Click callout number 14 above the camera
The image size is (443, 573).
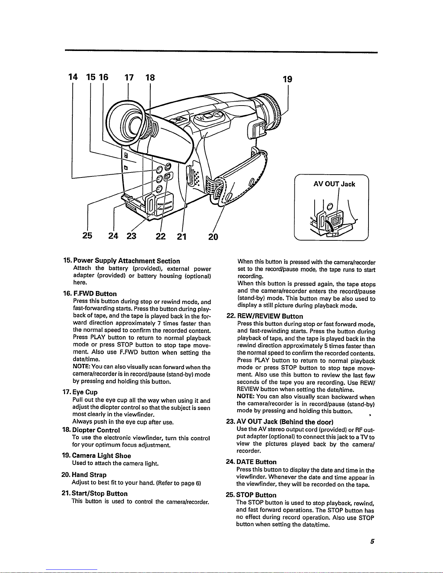click(73, 77)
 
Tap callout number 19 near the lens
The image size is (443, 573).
click(287, 79)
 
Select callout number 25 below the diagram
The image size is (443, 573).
click(87, 236)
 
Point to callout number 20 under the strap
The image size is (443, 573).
click(213, 236)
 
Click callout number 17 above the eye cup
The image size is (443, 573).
click(129, 77)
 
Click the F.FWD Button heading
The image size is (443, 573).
click(94, 294)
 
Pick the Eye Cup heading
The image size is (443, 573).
click(85, 392)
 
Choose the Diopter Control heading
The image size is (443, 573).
click(96, 430)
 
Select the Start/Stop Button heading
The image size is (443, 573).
click(100, 493)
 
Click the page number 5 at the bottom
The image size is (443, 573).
click(372, 542)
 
